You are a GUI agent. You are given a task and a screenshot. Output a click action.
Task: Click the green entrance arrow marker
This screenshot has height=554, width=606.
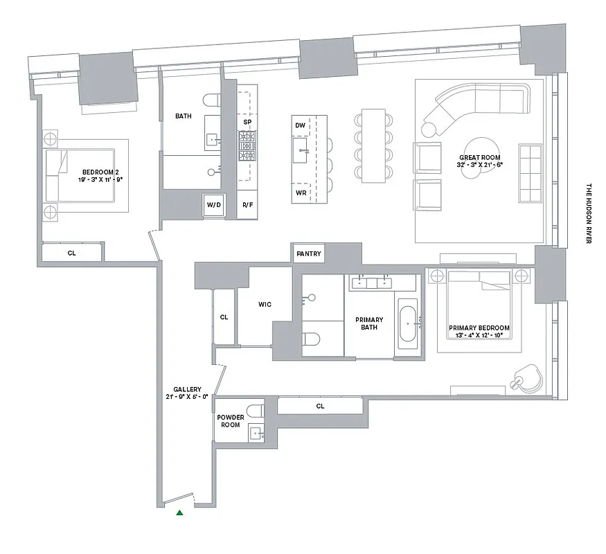[x=180, y=512]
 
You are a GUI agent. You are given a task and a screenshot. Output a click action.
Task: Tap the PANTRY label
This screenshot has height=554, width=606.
[x=308, y=254]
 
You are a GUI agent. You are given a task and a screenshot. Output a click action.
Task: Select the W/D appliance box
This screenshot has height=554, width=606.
[x=213, y=206]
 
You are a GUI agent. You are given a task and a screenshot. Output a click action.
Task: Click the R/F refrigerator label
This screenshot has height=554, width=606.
[x=247, y=206]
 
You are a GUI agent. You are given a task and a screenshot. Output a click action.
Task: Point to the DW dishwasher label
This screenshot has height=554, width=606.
[x=300, y=125]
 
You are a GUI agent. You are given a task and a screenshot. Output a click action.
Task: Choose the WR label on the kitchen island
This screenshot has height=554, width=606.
[x=300, y=193]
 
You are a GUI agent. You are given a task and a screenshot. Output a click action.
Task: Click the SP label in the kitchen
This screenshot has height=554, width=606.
[x=247, y=122]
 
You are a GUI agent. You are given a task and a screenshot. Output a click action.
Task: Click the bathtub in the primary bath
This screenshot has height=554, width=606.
[x=407, y=323]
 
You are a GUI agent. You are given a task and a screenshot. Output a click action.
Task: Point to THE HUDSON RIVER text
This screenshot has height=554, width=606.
[x=589, y=213]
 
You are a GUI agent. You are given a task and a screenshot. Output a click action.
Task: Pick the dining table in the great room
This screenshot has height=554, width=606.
[x=373, y=145]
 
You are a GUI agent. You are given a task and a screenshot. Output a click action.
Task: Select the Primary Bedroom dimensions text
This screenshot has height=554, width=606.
[x=479, y=336]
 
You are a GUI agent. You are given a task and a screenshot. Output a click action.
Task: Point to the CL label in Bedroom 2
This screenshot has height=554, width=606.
[x=71, y=253]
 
